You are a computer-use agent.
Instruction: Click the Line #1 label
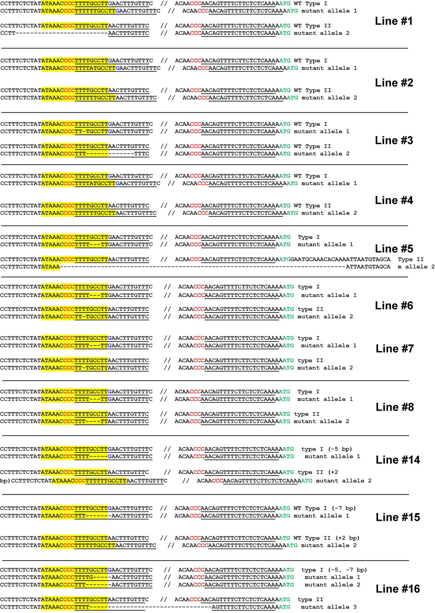tap(394, 21)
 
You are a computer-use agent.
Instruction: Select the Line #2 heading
tap(394, 83)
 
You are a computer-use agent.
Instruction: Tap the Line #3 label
tap(394, 140)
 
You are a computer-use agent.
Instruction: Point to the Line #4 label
tap(394, 200)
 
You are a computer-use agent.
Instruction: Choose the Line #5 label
tap(394, 249)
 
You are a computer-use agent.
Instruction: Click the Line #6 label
tap(394, 305)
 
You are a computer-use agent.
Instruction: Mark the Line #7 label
tap(395, 348)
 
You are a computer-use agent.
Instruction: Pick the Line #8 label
tap(395, 407)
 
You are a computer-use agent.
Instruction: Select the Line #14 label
tap(398, 460)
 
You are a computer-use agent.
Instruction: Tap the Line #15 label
tap(398, 517)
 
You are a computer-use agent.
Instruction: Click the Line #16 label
tap(398, 589)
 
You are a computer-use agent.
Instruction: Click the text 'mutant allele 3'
tap(329, 607)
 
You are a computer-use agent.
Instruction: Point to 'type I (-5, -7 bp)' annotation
tap(334, 570)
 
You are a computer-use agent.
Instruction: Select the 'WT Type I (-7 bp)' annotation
tap(325, 508)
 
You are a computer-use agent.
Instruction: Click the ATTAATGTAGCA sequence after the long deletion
tap(368, 267)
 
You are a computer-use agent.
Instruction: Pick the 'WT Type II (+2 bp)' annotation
tap(326, 538)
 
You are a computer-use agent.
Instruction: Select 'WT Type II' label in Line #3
tap(312, 146)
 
